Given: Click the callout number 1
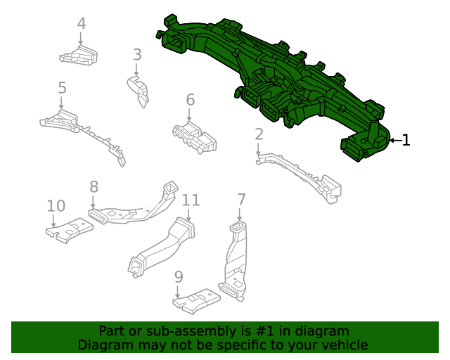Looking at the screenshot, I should pyautogui.click(x=405, y=140).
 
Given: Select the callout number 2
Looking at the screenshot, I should pyautogui.click(x=259, y=134).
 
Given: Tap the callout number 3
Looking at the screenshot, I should pyautogui.click(x=137, y=54).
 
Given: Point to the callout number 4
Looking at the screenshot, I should pyautogui.click(x=82, y=24).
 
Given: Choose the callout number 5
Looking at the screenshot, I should pyautogui.click(x=62, y=88).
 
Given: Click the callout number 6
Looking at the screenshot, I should pyautogui.click(x=190, y=100).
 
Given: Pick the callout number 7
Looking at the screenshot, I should pyautogui.click(x=241, y=199).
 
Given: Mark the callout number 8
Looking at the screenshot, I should pyautogui.click(x=94, y=186).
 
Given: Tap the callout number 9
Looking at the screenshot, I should pyautogui.click(x=179, y=276).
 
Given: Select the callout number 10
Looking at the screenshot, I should pyautogui.click(x=56, y=206).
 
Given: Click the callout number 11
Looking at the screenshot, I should pyautogui.click(x=191, y=200).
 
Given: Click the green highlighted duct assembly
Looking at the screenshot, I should pyautogui.click(x=274, y=77).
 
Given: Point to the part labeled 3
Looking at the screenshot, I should pyautogui.click(x=139, y=91).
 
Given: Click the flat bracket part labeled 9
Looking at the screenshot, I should pyautogui.click(x=198, y=301).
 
